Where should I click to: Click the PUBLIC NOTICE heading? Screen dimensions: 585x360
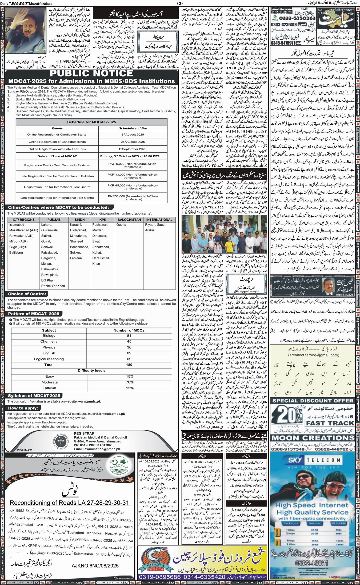(x=91, y=73)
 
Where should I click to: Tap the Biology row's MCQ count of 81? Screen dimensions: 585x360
(x=129, y=336)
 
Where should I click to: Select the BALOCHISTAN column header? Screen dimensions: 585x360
(x=129, y=220)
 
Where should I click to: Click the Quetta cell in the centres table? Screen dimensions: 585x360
(x=121, y=225)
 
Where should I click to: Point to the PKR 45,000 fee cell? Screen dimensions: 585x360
(x=133, y=187)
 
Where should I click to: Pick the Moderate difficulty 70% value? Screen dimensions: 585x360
(x=130, y=382)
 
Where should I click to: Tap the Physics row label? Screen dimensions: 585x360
(x=49, y=347)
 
